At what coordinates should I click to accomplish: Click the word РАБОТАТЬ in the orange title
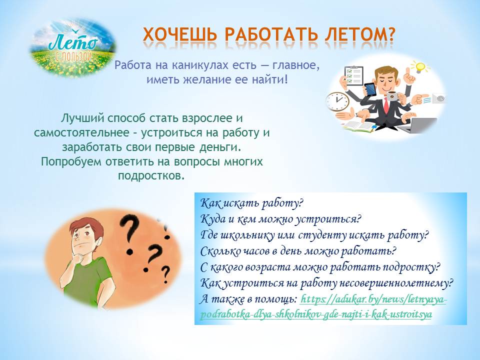(271, 34)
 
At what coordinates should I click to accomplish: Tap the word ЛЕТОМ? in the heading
(359, 34)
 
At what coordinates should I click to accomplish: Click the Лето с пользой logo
(73, 47)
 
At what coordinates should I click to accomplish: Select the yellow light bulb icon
(419, 66)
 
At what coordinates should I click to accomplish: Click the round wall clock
(337, 101)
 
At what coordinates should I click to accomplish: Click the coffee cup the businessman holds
(392, 96)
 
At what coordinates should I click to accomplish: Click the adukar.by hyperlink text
(323, 306)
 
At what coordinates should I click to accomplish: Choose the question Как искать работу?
(251, 203)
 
